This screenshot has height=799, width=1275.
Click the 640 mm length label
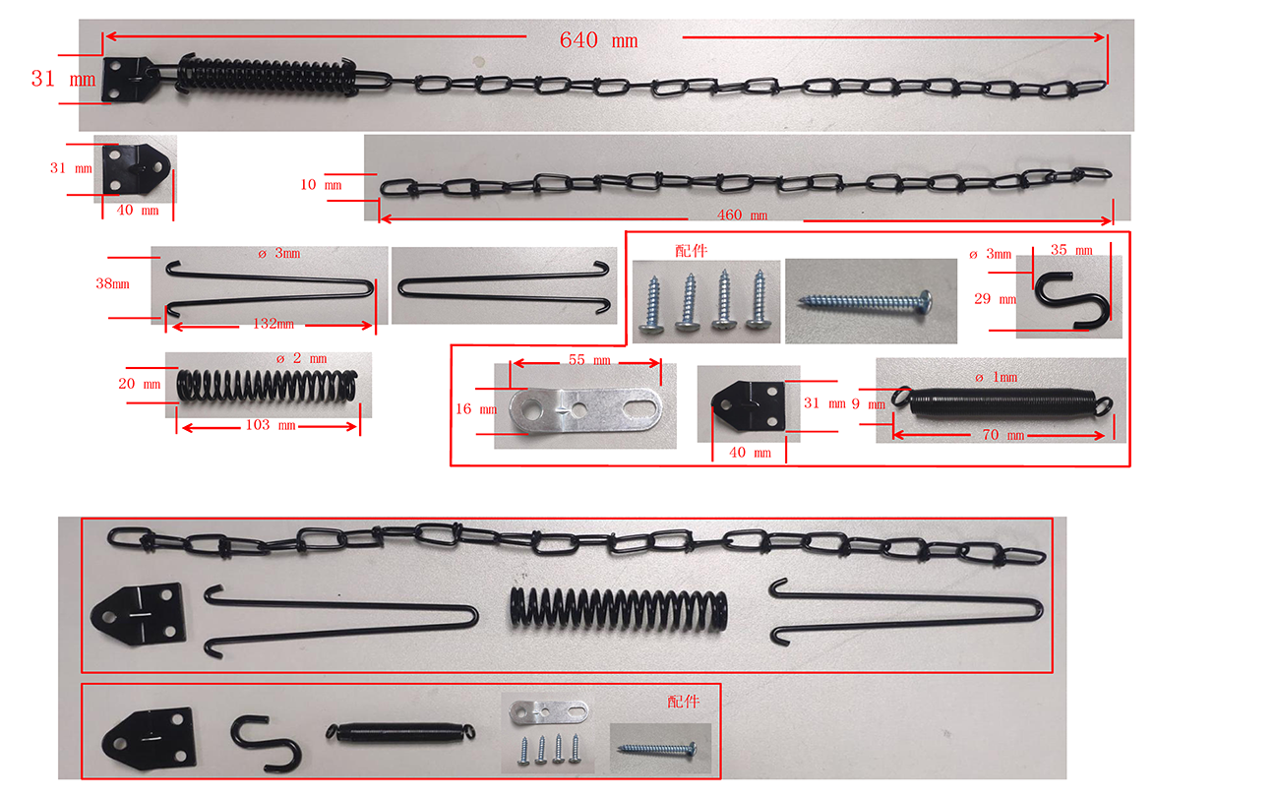pos(598,40)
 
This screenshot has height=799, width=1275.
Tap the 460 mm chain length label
pos(742,215)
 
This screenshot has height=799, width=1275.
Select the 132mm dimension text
pos(273,324)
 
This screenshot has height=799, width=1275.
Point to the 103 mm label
pos(271,425)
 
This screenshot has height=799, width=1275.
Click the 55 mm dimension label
pos(589,360)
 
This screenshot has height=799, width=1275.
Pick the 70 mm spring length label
pos(1002,435)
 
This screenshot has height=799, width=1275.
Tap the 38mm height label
pos(112,283)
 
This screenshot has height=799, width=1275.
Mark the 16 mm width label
pos(476,409)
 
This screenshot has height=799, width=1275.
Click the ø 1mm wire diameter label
pos(996,377)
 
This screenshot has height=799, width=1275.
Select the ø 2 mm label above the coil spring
pos(301,358)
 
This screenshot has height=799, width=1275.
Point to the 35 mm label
pos(1071,250)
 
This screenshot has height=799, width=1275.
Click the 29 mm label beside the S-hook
pos(995,299)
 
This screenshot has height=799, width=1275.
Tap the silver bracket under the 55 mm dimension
pos(585,409)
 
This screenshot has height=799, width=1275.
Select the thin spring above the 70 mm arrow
pos(1001,402)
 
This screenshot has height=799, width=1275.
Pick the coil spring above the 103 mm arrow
pos(267,386)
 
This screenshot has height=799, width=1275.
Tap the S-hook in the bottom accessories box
pos(266,741)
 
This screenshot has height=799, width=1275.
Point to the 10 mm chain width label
pos(321,185)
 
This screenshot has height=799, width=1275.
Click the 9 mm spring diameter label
pos(868,404)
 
